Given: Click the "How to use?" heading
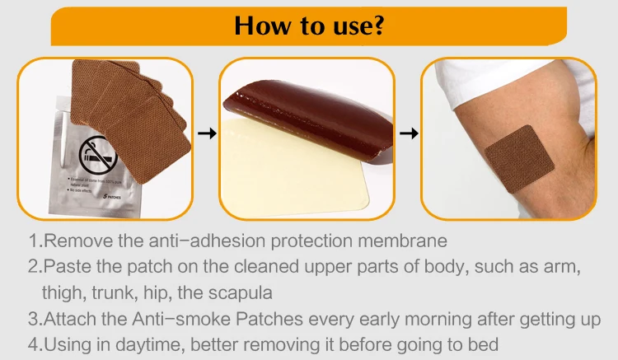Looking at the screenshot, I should pos(309,25).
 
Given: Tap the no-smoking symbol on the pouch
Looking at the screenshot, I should pos(98,153).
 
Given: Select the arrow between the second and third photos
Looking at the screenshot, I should pos(407,133).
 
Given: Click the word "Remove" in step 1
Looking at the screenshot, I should pos(74,241).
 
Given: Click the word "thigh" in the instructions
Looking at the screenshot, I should pos(61,292).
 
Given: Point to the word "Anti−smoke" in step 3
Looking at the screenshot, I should pos(152,319).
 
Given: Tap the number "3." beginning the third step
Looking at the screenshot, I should pos(35,319).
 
